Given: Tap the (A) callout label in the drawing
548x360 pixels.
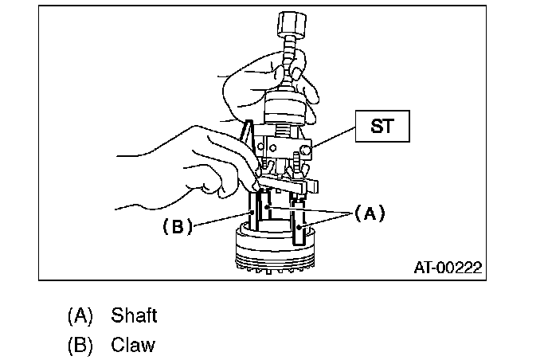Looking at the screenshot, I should [368, 213].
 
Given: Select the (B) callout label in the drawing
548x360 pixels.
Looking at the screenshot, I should [179, 226].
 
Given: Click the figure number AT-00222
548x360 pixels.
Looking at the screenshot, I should [447, 268].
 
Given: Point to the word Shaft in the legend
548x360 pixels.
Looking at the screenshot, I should [134, 315].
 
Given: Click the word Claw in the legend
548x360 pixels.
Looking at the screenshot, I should [133, 346].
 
